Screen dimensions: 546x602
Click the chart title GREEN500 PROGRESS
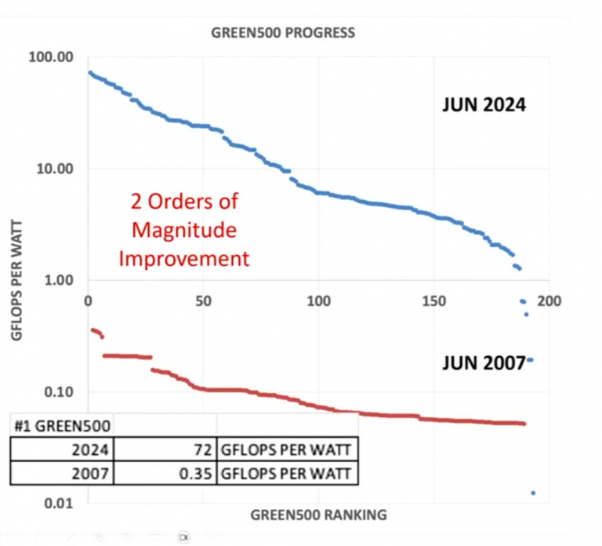click(283, 33)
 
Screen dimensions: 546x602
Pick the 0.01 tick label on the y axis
click(60, 504)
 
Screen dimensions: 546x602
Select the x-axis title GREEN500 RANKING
click(318, 515)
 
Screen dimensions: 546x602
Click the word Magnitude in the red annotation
click(184, 231)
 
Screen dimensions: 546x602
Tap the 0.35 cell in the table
click(191, 474)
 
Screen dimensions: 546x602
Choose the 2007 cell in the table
click(92, 474)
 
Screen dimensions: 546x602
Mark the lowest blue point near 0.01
click(533, 493)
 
